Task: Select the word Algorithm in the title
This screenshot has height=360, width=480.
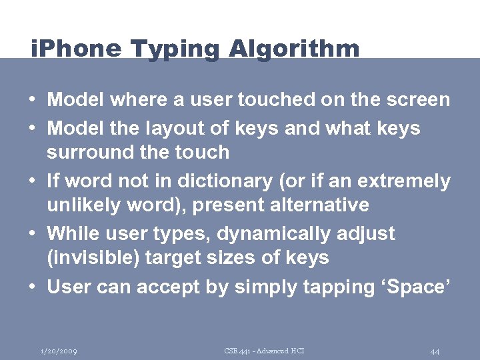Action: pyautogui.click(x=294, y=49)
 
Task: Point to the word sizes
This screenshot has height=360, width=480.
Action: pyautogui.click(x=241, y=257)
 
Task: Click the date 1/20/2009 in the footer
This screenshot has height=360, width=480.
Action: pyautogui.click(x=59, y=351)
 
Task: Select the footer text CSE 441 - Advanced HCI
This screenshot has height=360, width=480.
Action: pyautogui.click(x=265, y=351)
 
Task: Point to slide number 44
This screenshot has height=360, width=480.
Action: pyautogui.click(x=435, y=351)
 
